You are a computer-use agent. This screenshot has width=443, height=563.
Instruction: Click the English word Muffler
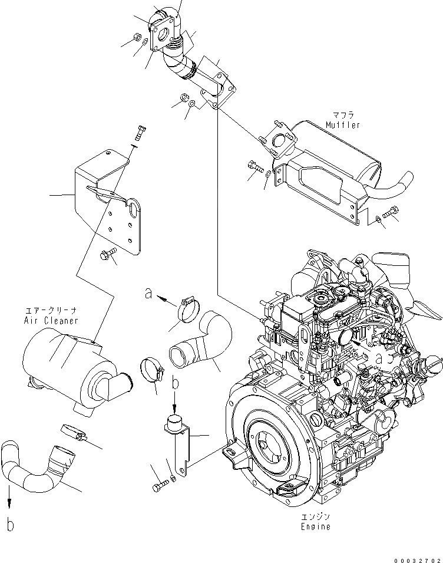click(342, 125)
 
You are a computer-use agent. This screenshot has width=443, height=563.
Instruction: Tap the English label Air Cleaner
click(51, 321)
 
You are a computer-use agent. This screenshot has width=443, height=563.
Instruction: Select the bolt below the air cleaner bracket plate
click(108, 255)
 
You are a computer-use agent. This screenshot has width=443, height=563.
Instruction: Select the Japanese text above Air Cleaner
click(51, 311)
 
